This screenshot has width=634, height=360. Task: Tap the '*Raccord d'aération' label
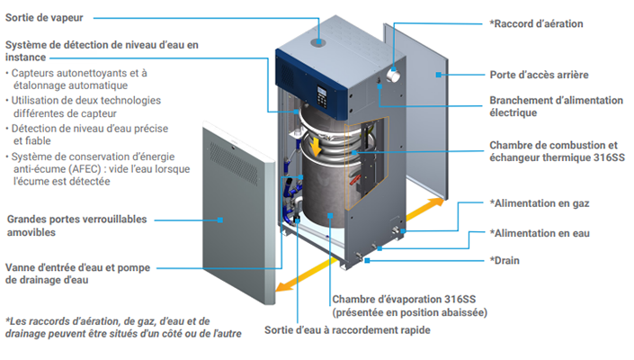point(536,23)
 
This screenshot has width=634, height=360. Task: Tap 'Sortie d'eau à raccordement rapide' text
point(347,330)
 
